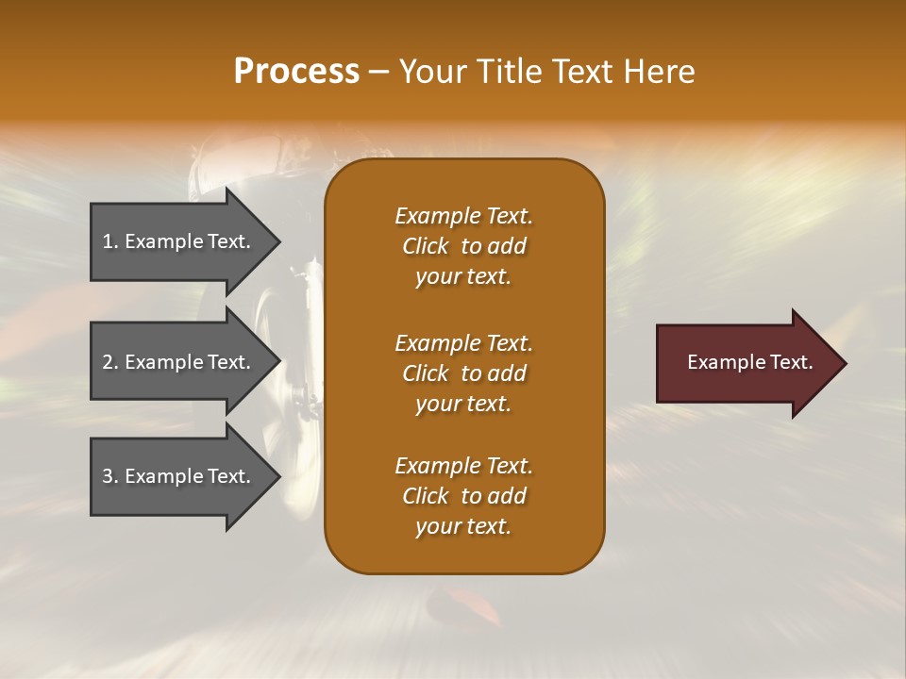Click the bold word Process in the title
click(296, 72)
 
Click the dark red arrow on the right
click(746, 363)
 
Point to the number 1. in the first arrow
click(110, 241)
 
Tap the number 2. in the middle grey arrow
click(110, 362)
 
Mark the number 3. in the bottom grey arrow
click(110, 476)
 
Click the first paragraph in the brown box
click(463, 246)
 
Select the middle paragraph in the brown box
click(463, 373)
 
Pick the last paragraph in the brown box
click(463, 496)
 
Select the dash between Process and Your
click(378, 72)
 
